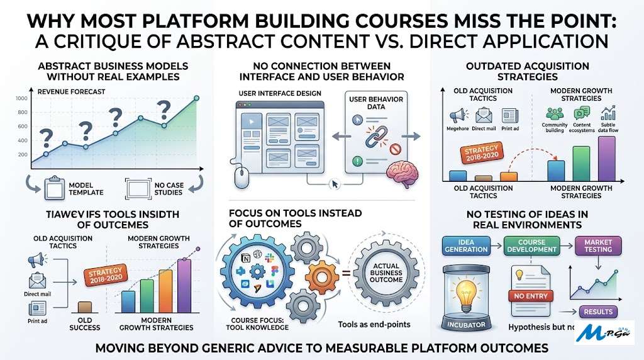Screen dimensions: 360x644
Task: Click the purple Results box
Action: [598, 312]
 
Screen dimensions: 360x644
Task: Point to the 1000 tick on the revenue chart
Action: [23, 98]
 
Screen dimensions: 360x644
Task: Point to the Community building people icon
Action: [554, 114]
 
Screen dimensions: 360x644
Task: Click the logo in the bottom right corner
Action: [605, 332]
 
